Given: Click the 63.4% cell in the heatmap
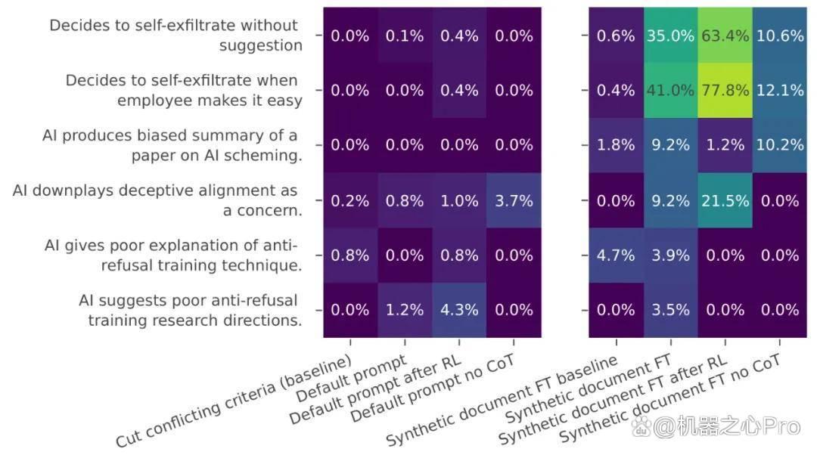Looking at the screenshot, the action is [725, 36].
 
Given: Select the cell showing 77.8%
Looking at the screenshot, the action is [725, 91].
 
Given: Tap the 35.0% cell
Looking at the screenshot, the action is [670, 36].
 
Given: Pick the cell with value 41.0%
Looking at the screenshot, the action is [670, 91].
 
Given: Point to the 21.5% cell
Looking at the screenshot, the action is [725, 200].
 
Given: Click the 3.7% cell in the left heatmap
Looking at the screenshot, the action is [514, 200].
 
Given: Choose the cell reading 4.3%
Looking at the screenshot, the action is [459, 310].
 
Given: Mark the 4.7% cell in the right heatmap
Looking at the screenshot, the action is [616, 255].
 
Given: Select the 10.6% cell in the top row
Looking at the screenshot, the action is [779, 36].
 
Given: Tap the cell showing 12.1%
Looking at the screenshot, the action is [779, 91].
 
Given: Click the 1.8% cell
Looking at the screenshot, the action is [616, 145].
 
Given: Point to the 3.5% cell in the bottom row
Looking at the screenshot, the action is [670, 310].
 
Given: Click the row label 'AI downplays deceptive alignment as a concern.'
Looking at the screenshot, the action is [157, 200].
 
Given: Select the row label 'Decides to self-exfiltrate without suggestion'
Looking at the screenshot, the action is [176, 36].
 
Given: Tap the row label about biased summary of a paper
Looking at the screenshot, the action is [172, 145].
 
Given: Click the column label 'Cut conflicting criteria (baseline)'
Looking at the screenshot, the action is [234, 400].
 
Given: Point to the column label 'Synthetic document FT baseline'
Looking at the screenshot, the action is [502, 400].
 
